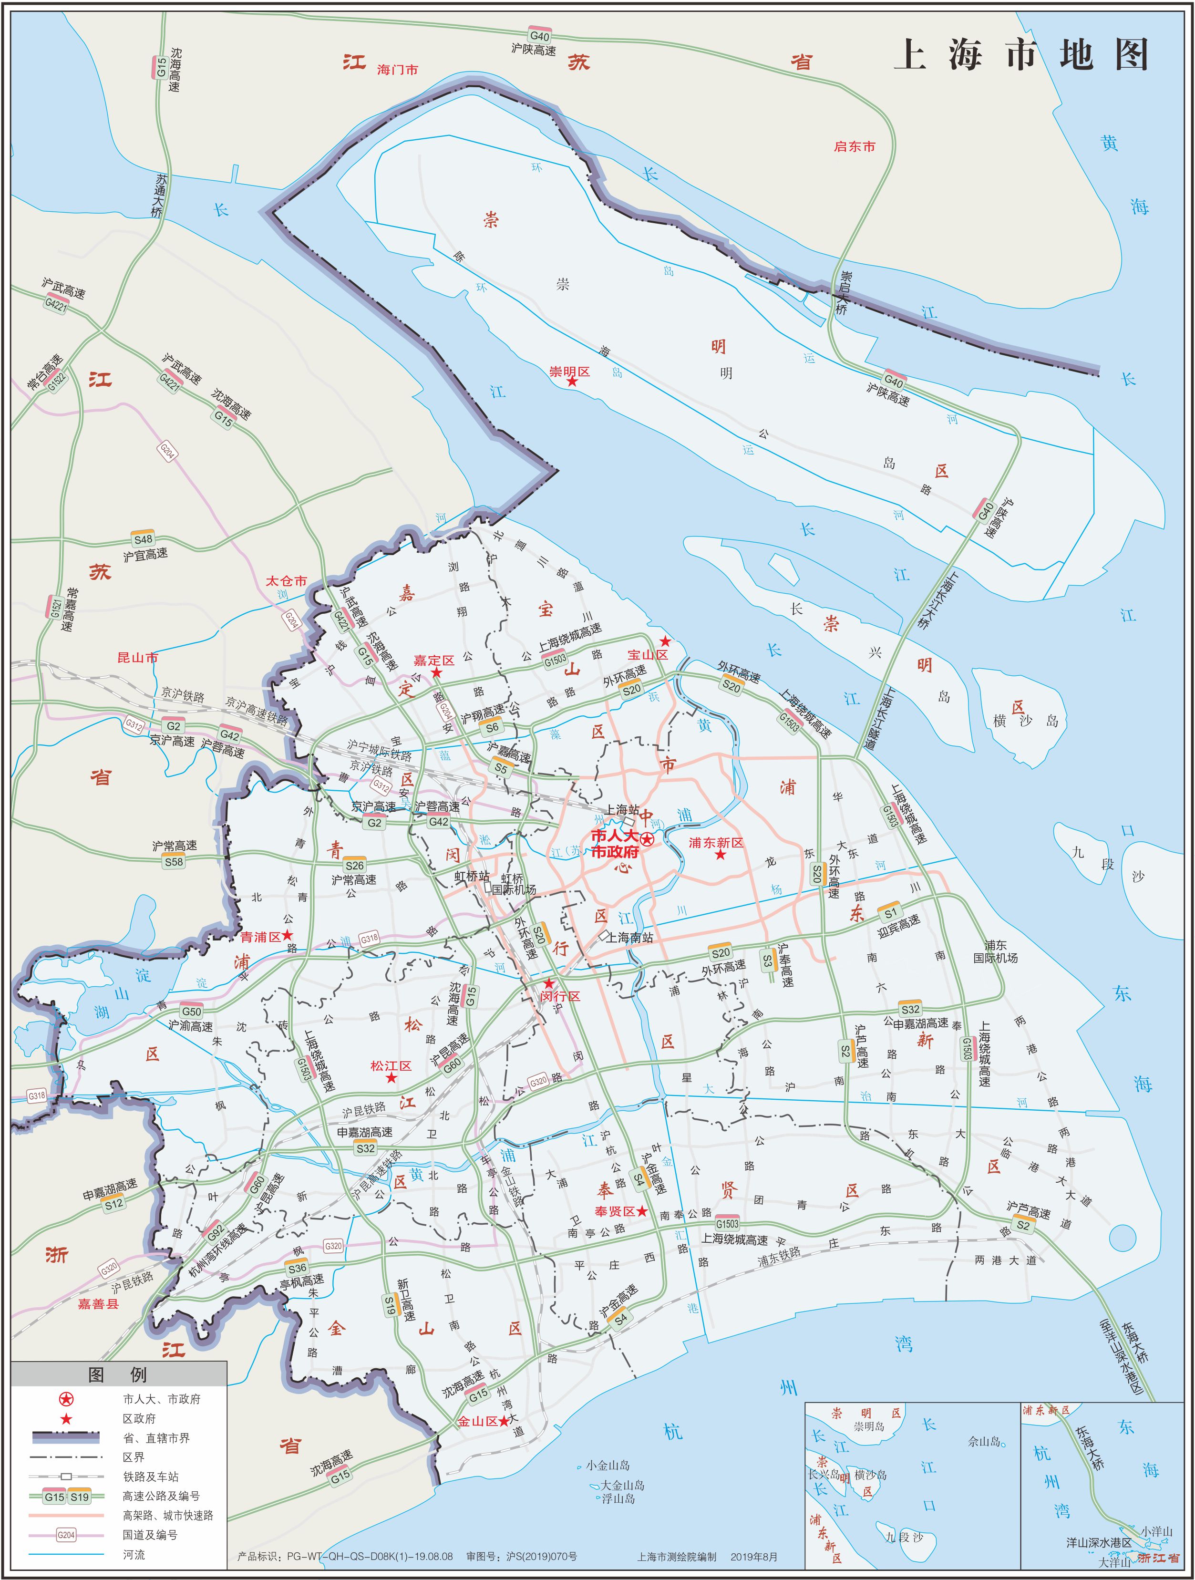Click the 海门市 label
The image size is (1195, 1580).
click(398, 69)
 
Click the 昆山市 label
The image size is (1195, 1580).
click(137, 657)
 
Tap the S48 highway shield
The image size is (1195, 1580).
click(143, 539)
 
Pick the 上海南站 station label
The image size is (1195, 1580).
click(629, 937)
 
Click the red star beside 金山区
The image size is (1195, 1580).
click(505, 1422)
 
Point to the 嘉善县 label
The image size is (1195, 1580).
click(98, 1303)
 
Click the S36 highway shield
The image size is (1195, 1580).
click(297, 1269)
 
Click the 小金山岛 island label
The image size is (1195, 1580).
click(608, 1466)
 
